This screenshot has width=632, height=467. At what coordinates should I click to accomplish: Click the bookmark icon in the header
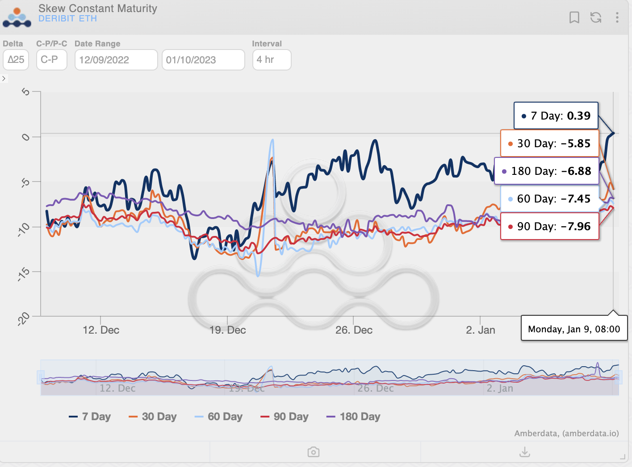[574, 17]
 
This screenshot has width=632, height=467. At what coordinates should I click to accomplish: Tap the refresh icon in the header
[596, 17]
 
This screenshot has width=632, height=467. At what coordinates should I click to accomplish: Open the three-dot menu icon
[617, 17]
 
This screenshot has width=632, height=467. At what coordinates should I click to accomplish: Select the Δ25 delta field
[16, 60]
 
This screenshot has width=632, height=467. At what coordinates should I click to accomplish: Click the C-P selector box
[51, 60]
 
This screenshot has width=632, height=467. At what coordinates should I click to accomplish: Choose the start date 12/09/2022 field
[116, 60]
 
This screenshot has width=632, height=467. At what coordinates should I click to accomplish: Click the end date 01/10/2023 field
[203, 60]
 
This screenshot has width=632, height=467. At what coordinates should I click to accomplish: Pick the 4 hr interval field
[272, 60]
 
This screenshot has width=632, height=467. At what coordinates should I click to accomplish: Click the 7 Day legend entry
[90, 417]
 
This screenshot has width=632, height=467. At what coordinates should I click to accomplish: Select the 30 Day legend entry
[153, 417]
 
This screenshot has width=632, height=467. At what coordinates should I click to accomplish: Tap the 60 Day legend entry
[219, 417]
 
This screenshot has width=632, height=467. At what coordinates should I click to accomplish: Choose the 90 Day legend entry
[285, 417]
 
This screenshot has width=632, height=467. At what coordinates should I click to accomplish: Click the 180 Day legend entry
[353, 417]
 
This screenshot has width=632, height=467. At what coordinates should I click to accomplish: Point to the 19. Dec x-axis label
[228, 330]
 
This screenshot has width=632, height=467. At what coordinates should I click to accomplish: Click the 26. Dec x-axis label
[354, 330]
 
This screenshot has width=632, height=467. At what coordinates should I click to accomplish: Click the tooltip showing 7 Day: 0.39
[556, 116]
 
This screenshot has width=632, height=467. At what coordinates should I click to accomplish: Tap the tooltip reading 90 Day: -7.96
[549, 227]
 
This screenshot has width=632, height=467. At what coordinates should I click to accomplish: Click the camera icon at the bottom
[314, 452]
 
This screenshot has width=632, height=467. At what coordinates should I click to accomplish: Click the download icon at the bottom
[525, 452]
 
